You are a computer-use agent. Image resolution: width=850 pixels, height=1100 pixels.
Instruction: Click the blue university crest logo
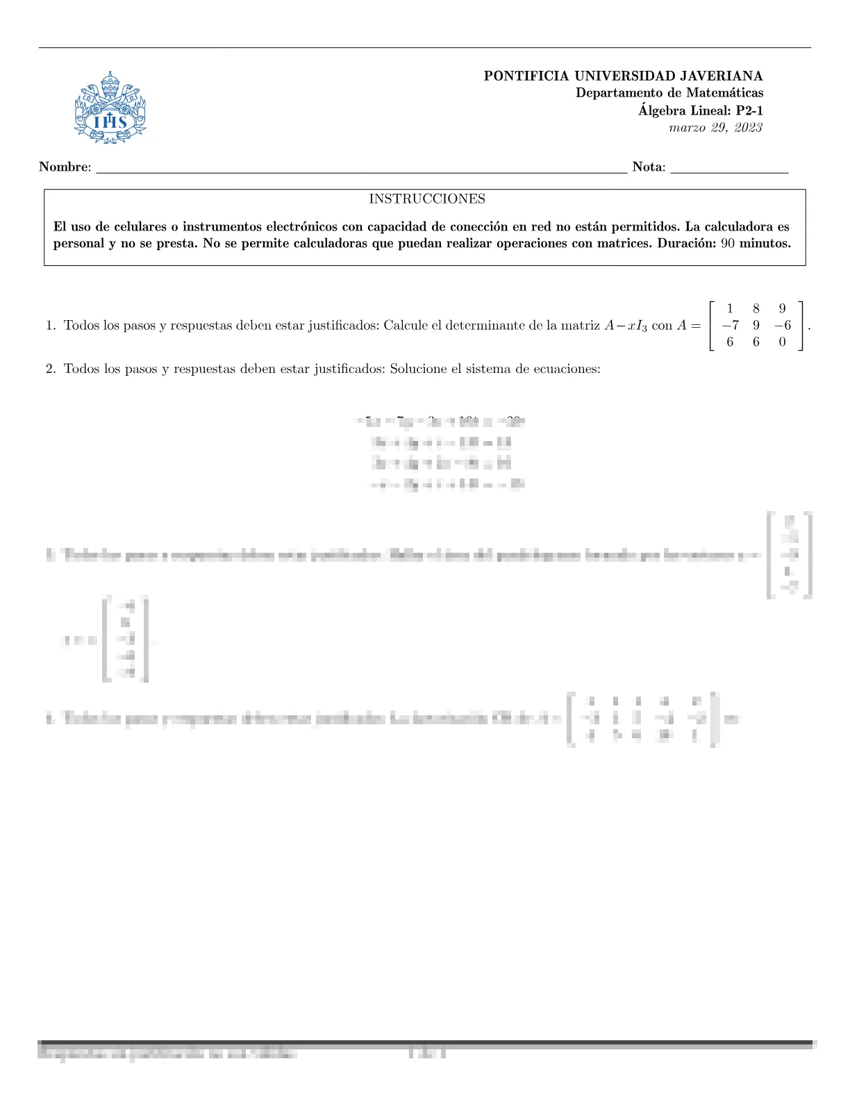pos(110,108)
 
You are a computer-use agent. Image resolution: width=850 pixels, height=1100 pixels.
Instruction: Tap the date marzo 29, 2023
pos(715,128)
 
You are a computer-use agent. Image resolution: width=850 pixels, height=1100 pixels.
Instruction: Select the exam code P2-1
pos(749,110)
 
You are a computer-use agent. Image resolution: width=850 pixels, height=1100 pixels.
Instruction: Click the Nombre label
pos(65,167)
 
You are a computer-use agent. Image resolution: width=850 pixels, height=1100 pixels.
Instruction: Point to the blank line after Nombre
pos(361,170)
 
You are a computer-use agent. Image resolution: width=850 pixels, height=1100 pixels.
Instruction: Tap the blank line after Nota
pos(729,170)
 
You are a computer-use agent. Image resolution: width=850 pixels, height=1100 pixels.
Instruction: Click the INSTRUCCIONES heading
pos(427,199)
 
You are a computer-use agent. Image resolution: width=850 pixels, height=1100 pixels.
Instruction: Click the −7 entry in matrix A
pos(729,325)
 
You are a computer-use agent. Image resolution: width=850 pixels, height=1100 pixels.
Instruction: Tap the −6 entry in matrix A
pos(782,325)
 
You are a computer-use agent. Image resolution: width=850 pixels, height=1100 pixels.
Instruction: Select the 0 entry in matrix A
pos(783,342)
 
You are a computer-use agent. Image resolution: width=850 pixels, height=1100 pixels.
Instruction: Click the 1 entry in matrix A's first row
pos(730,309)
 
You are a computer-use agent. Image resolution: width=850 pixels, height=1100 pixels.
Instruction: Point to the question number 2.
pos(51,369)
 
